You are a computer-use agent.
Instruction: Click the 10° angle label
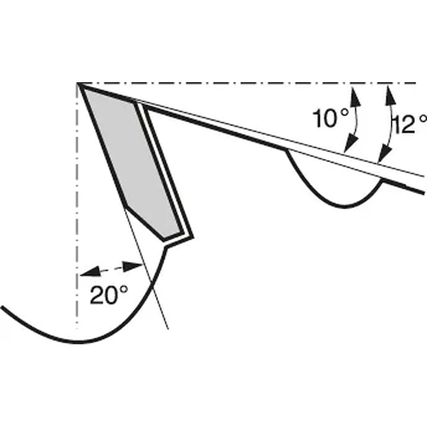tap(330, 118)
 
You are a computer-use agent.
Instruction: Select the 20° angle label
tap(109, 295)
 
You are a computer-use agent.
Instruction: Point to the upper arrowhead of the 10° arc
tap(354, 96)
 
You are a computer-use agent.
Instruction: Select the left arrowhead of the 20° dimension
tap(90, 272)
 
